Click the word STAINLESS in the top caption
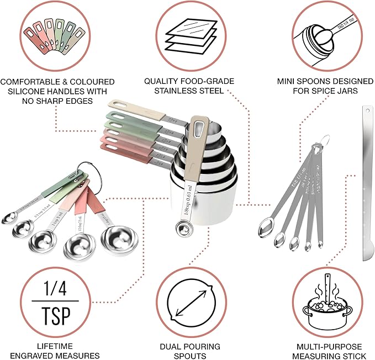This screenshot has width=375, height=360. (168, 91)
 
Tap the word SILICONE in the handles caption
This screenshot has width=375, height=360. (28, 91)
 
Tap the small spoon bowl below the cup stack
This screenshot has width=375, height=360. (181, 227)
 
